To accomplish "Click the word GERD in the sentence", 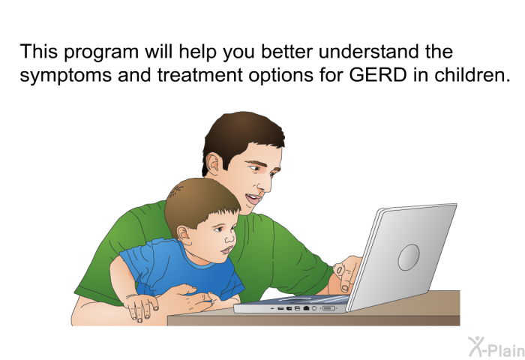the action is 378,75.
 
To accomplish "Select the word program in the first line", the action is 100,53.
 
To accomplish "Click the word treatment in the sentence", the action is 200,75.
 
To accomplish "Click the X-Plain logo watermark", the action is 496,346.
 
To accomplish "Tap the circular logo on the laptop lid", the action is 409,257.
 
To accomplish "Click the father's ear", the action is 214,166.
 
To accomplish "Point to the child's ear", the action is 184,233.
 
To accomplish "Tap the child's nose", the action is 230,238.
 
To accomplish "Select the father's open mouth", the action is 253,199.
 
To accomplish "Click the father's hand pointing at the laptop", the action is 346,274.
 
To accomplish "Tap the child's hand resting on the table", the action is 140,305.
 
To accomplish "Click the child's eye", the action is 218,229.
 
